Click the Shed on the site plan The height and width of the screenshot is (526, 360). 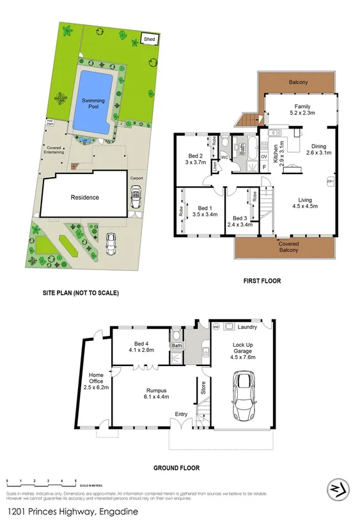coord(150,39)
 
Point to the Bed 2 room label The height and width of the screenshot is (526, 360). coord(196,155)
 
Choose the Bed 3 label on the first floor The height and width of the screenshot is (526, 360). coord(240,218)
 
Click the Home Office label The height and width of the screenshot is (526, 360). coord(96,379)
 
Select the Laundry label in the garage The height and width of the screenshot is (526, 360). coord(248,327)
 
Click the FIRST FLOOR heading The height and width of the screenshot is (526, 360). coord(262,281)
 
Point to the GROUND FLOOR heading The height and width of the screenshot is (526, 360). coord(176,468)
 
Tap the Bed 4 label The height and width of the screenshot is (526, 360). coord(141,345)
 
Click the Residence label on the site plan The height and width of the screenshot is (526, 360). coord(84,197)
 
